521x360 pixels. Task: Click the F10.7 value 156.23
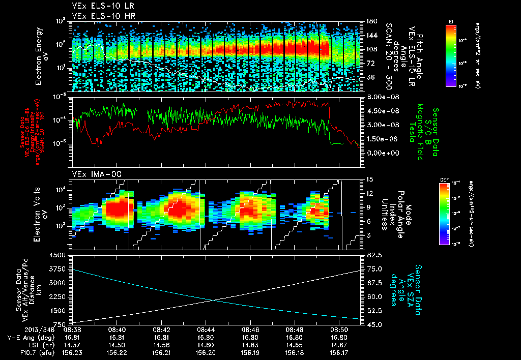tap(72, 351)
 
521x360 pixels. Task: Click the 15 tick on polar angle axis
tap(369, 179)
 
